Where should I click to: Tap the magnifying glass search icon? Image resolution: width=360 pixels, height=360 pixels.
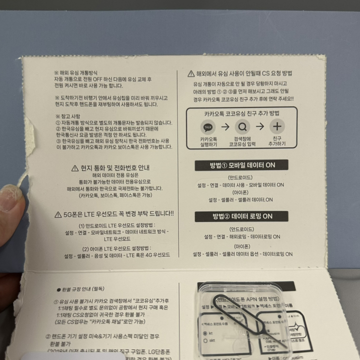click(x=242, y=126)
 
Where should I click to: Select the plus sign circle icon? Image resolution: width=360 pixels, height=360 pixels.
click(x=277, y=126)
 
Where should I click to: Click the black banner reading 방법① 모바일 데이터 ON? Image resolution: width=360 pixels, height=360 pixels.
click(x=234, y=165)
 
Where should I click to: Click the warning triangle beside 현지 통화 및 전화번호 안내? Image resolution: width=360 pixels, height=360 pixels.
click(x=75, y=168)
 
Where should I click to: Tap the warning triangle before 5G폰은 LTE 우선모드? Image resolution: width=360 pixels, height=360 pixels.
click(x=58, y=214)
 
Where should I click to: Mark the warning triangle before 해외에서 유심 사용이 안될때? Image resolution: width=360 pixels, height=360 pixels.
click(x=191, y=74)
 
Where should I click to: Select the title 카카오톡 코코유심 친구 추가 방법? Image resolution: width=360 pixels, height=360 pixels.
click(x=241, y=114)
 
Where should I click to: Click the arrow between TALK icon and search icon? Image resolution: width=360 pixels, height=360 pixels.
click(x=225, y=126)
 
